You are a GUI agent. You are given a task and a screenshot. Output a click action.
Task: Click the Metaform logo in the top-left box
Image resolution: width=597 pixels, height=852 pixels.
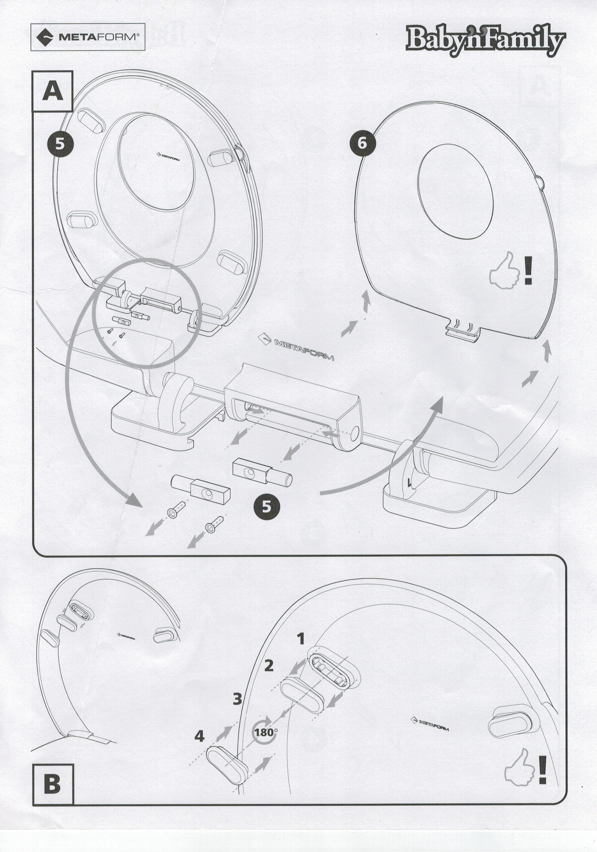(87, 37)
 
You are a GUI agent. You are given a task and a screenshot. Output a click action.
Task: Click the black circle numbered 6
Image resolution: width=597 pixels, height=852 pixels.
(362, 143)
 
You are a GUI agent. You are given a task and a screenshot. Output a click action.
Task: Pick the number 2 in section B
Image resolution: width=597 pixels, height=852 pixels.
(269, 665)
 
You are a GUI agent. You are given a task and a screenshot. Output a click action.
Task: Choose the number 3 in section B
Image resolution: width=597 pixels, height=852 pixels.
(237, 699)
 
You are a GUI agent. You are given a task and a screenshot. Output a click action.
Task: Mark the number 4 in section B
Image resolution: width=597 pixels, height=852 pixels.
(199, 736)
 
